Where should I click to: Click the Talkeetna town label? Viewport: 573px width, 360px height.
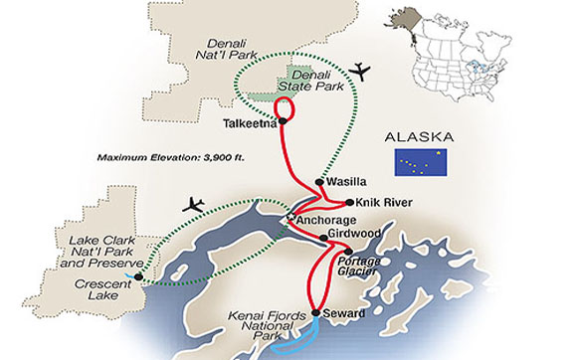pyautogui.click(x=247, y=124)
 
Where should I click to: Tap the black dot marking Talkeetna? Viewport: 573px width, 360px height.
pyautogui.click(x=284, y=122)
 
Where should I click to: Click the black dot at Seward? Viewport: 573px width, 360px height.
pyautogui.click(x=317, y=313)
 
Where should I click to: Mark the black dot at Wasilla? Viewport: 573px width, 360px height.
pyautogui.click(x=318, y=182)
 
